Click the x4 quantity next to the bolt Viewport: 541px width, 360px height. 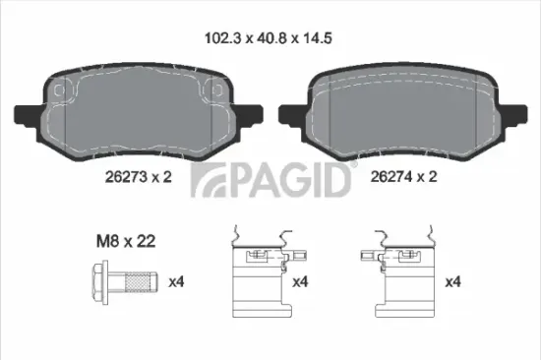pos(178,282)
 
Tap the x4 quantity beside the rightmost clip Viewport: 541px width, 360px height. pos(453,282)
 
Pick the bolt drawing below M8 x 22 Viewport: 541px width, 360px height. pos(123,283)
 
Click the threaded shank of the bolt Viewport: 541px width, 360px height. pos(138,283)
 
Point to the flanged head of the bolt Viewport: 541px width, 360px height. pos(101,283)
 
